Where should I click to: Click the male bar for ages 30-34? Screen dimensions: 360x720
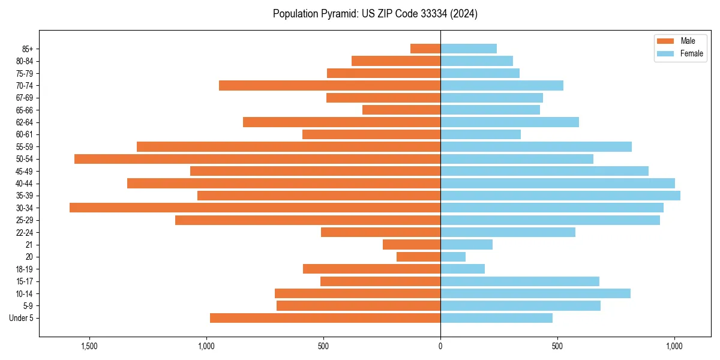coord(255,208)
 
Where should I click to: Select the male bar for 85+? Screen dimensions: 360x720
coord(425,49)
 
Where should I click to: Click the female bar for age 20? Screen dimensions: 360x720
coord(453,257)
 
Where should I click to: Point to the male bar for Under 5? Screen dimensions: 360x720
coord(325,318)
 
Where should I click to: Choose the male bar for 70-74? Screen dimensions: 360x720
coord(329,85)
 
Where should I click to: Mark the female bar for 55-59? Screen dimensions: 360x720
coord(536,146)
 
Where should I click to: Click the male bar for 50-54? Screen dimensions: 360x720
coord(257,159)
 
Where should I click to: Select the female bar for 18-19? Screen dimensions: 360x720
coord(463,269)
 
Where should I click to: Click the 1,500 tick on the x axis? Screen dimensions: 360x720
coord(89,347)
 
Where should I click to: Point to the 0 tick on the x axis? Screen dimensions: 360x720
coord(440,347)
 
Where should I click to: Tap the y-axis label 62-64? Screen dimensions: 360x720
coord(25,122)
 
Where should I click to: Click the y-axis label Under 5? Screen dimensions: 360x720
coord(22,318)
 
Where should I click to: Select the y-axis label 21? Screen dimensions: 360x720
coord(29,245)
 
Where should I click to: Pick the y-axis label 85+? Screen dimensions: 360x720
coord(27,49)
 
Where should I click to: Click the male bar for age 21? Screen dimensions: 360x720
coord(412,244)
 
